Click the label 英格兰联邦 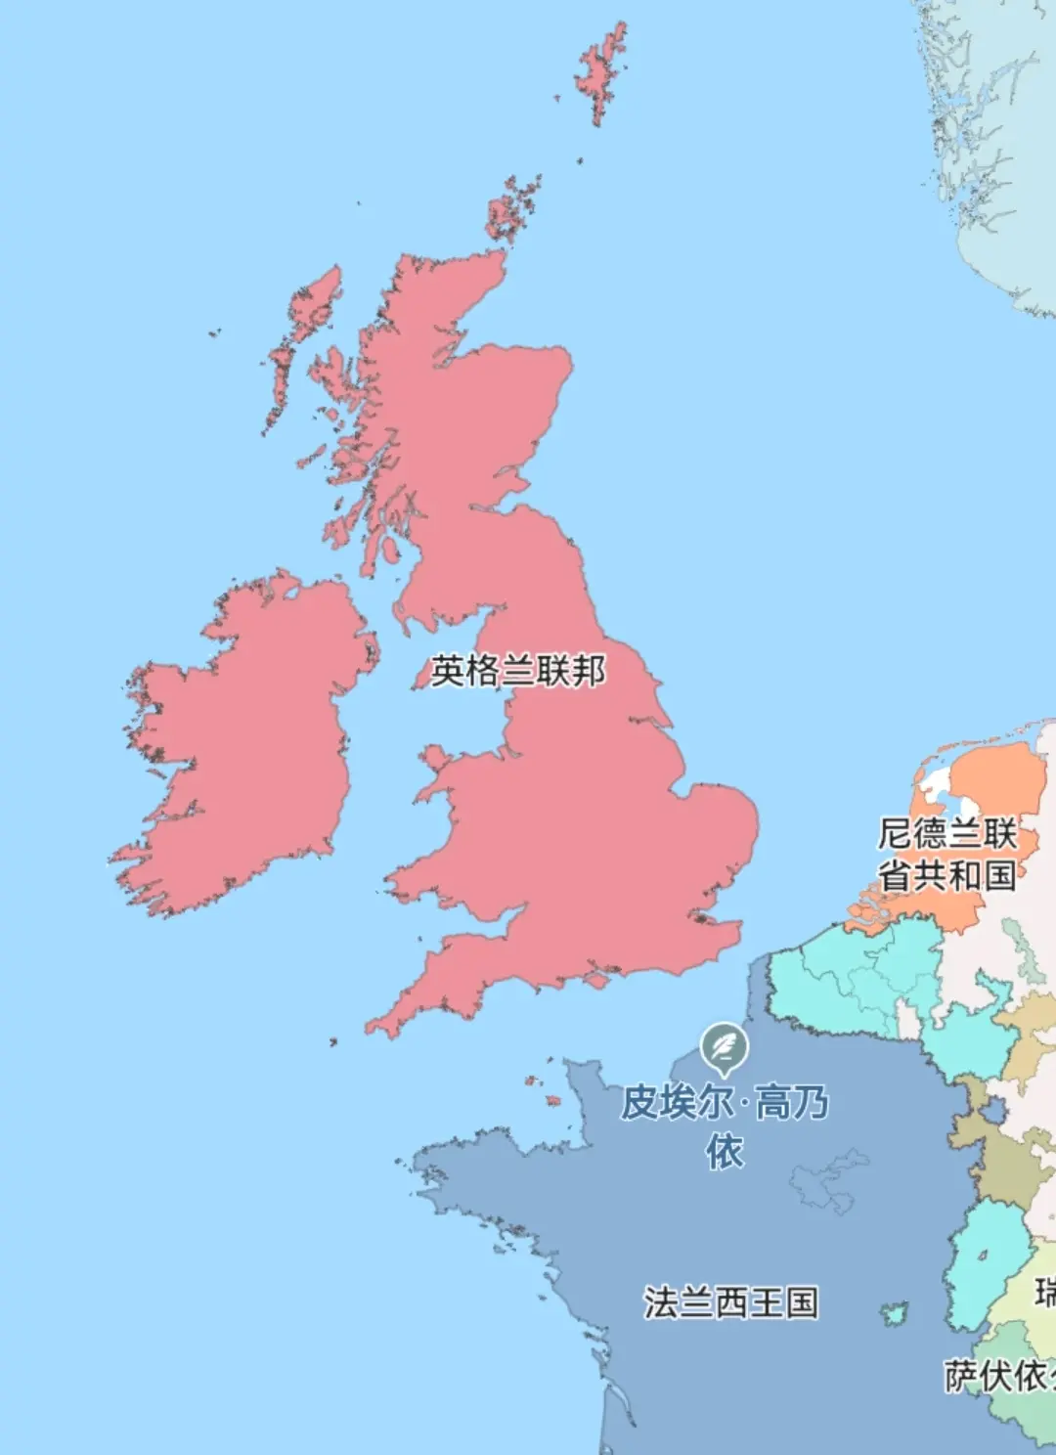[x=518, y=671]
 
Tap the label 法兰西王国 [x=729, y=1302]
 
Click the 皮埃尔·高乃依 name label [x=725, y=1124]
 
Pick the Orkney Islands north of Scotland [x=511, y=210]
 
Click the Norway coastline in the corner [x=988, y=147]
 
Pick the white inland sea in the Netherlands [x=936, y=781]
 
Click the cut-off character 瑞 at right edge [x=1045, y=1293]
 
